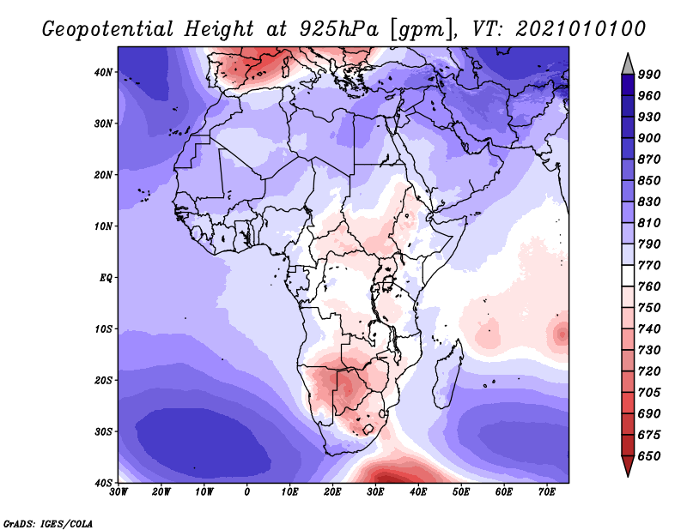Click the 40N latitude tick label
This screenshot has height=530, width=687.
point(102,72)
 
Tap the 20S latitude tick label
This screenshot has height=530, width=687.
point(102,380)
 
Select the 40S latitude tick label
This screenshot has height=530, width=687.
point(102,482)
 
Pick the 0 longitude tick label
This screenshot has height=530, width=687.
point(247,493)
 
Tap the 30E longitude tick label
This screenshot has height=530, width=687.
point(375,493)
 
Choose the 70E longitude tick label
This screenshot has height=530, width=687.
point(546,493)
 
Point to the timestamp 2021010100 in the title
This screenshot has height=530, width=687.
point(581,28)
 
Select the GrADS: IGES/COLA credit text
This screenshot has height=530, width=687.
point(47,521)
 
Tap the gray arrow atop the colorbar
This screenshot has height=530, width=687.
point(628,63)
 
